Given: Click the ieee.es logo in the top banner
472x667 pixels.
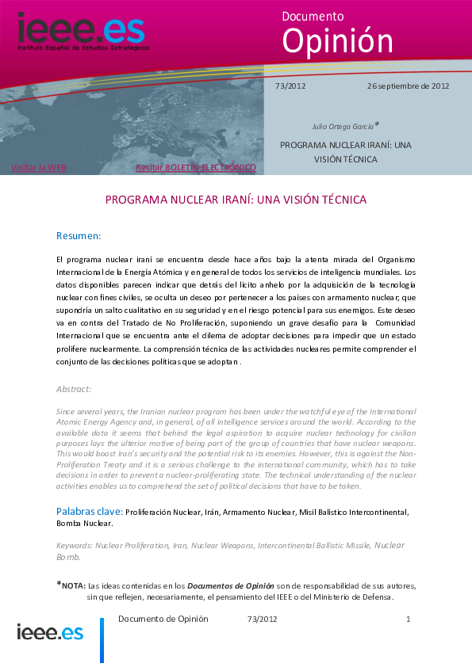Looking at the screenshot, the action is (82, 30).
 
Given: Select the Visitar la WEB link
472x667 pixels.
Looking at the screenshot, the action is (38, 168).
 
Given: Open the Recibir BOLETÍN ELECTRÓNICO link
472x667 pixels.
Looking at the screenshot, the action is (196, 168).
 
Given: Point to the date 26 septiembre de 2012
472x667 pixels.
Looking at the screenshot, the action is (409, 86).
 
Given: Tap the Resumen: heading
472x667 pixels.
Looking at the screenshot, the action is (79, 236).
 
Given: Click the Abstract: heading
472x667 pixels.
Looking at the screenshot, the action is (74, 389).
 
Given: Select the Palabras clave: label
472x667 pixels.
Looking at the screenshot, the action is (89, 512).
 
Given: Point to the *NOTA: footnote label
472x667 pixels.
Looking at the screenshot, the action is (71, 585).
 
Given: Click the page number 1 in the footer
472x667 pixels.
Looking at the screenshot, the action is (408, 619).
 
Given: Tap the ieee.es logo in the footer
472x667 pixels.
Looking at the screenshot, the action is (50, 632).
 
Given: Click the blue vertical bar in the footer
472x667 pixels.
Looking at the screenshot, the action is (102, 639).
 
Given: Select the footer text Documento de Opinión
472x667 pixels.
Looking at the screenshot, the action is (163, 619).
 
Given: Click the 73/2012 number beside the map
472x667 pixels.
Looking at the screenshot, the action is (290, 86).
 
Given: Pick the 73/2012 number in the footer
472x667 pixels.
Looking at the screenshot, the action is (263, 619).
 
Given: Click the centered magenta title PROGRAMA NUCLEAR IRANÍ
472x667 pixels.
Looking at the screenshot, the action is (236, 200).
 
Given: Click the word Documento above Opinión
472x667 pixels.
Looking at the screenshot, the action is (313, 16).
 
